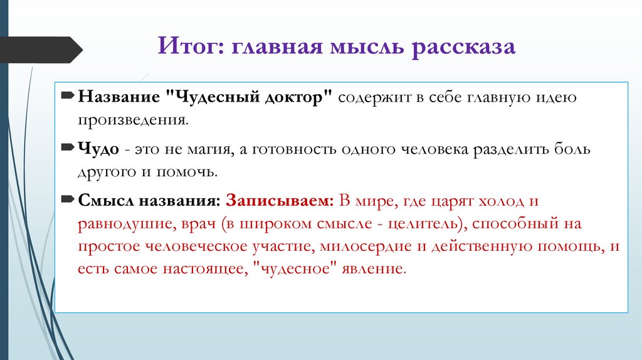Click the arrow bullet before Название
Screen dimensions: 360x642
[x=68, y=98]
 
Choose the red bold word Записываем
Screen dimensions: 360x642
[x=280, y=202]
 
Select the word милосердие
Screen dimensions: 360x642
[x=361, y=246]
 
